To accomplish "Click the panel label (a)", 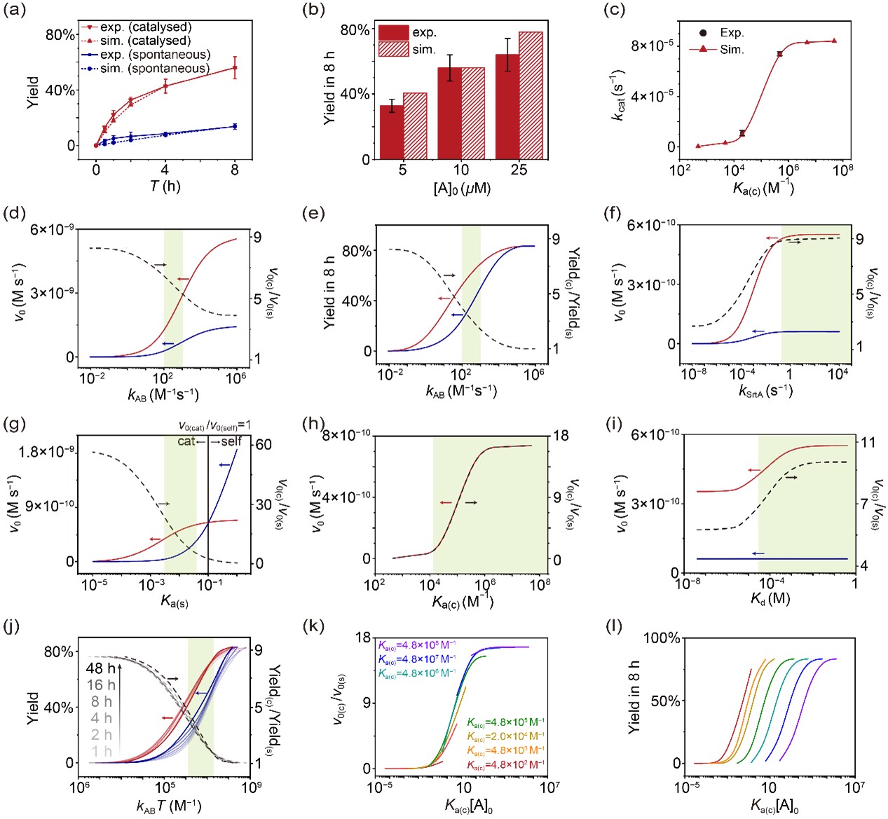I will (15, 11).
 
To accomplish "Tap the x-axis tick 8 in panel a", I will (234, 170).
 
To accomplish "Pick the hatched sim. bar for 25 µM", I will (531, 95).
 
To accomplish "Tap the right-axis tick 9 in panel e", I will (555, 240).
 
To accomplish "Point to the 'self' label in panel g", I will (231, 441).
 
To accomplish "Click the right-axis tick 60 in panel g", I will (264, 445).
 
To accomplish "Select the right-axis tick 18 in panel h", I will (561, 436).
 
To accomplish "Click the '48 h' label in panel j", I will (100, 668).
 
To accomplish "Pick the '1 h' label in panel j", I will (102, 751).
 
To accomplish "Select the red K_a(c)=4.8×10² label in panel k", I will (505, 764).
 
